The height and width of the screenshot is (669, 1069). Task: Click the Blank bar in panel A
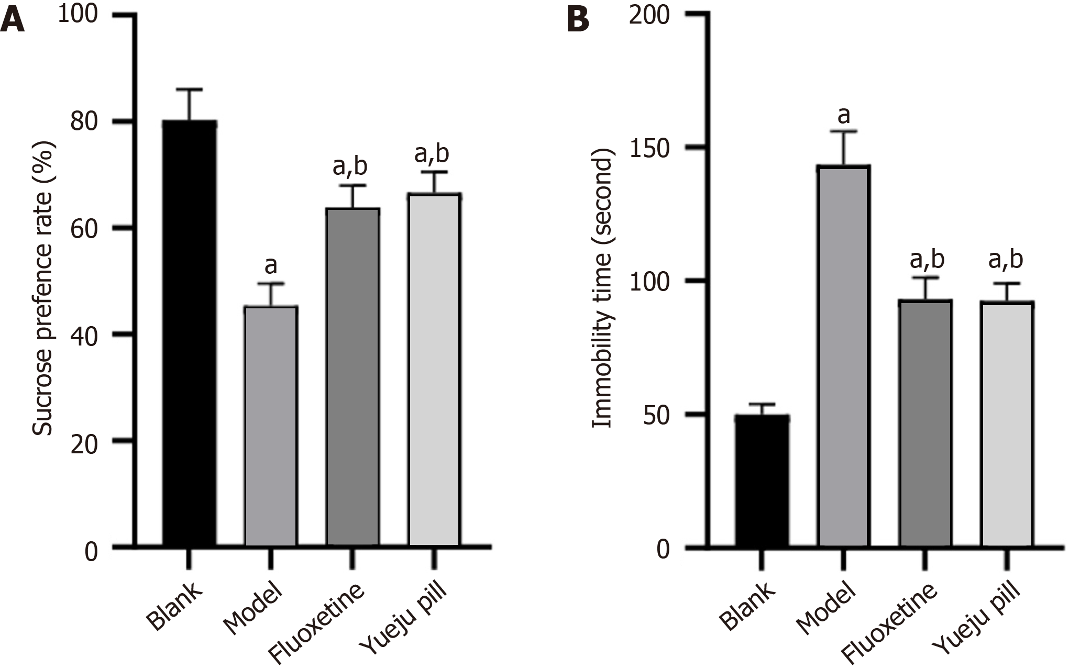pos(189,335)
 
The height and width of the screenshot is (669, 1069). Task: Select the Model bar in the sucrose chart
pos(271,427)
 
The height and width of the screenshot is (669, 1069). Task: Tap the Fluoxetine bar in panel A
pos(352,377)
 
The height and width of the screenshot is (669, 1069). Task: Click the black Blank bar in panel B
pos(762,482)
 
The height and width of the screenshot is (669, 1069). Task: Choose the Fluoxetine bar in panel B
pos(925,424)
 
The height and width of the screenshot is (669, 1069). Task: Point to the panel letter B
pos(578,21)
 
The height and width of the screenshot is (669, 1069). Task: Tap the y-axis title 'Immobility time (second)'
pos(602,288)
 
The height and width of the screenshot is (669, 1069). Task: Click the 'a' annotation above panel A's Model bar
pos(270,265)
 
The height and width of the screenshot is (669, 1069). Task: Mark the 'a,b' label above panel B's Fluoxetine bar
pos(927,260)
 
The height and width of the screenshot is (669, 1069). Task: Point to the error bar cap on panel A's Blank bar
pos(189,90)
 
